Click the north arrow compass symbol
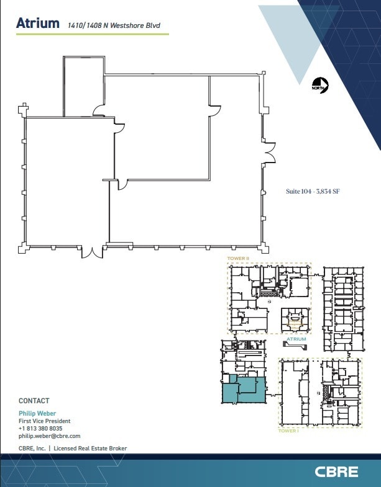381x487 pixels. pos(319,85)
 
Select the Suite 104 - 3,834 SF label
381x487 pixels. pos(312,192)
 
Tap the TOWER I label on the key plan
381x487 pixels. pos(288,430)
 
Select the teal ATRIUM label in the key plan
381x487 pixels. pos(296,340)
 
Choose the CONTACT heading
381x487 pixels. pos(34,401)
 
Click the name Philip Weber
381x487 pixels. pos(37,413)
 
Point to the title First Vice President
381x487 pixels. pos(44,421)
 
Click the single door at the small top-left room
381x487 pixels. pos(98,111)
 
